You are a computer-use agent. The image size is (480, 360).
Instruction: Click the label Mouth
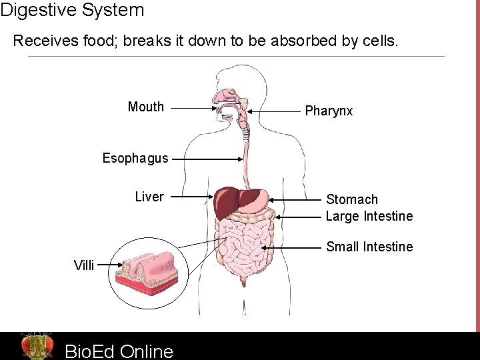pos(145,107)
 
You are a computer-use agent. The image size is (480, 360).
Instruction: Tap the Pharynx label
pos(329,111)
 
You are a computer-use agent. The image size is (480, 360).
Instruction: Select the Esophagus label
pos(135,159)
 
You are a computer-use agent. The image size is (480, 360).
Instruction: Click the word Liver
pos(149,197)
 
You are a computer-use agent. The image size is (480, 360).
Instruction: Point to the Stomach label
pos(351,199)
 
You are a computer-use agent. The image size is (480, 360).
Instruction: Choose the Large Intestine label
pos(369,216)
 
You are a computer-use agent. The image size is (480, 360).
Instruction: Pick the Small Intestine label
pos(369,247)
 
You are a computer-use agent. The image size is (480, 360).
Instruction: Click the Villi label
pos(84,265)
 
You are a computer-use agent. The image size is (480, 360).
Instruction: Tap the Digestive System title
pos(72,10)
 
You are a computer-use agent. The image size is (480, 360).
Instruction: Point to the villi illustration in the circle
pos(147,269)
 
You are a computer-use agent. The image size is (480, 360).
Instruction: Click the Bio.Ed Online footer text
pos(119,351)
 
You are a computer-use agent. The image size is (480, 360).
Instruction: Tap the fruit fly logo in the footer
pos(37,346)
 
